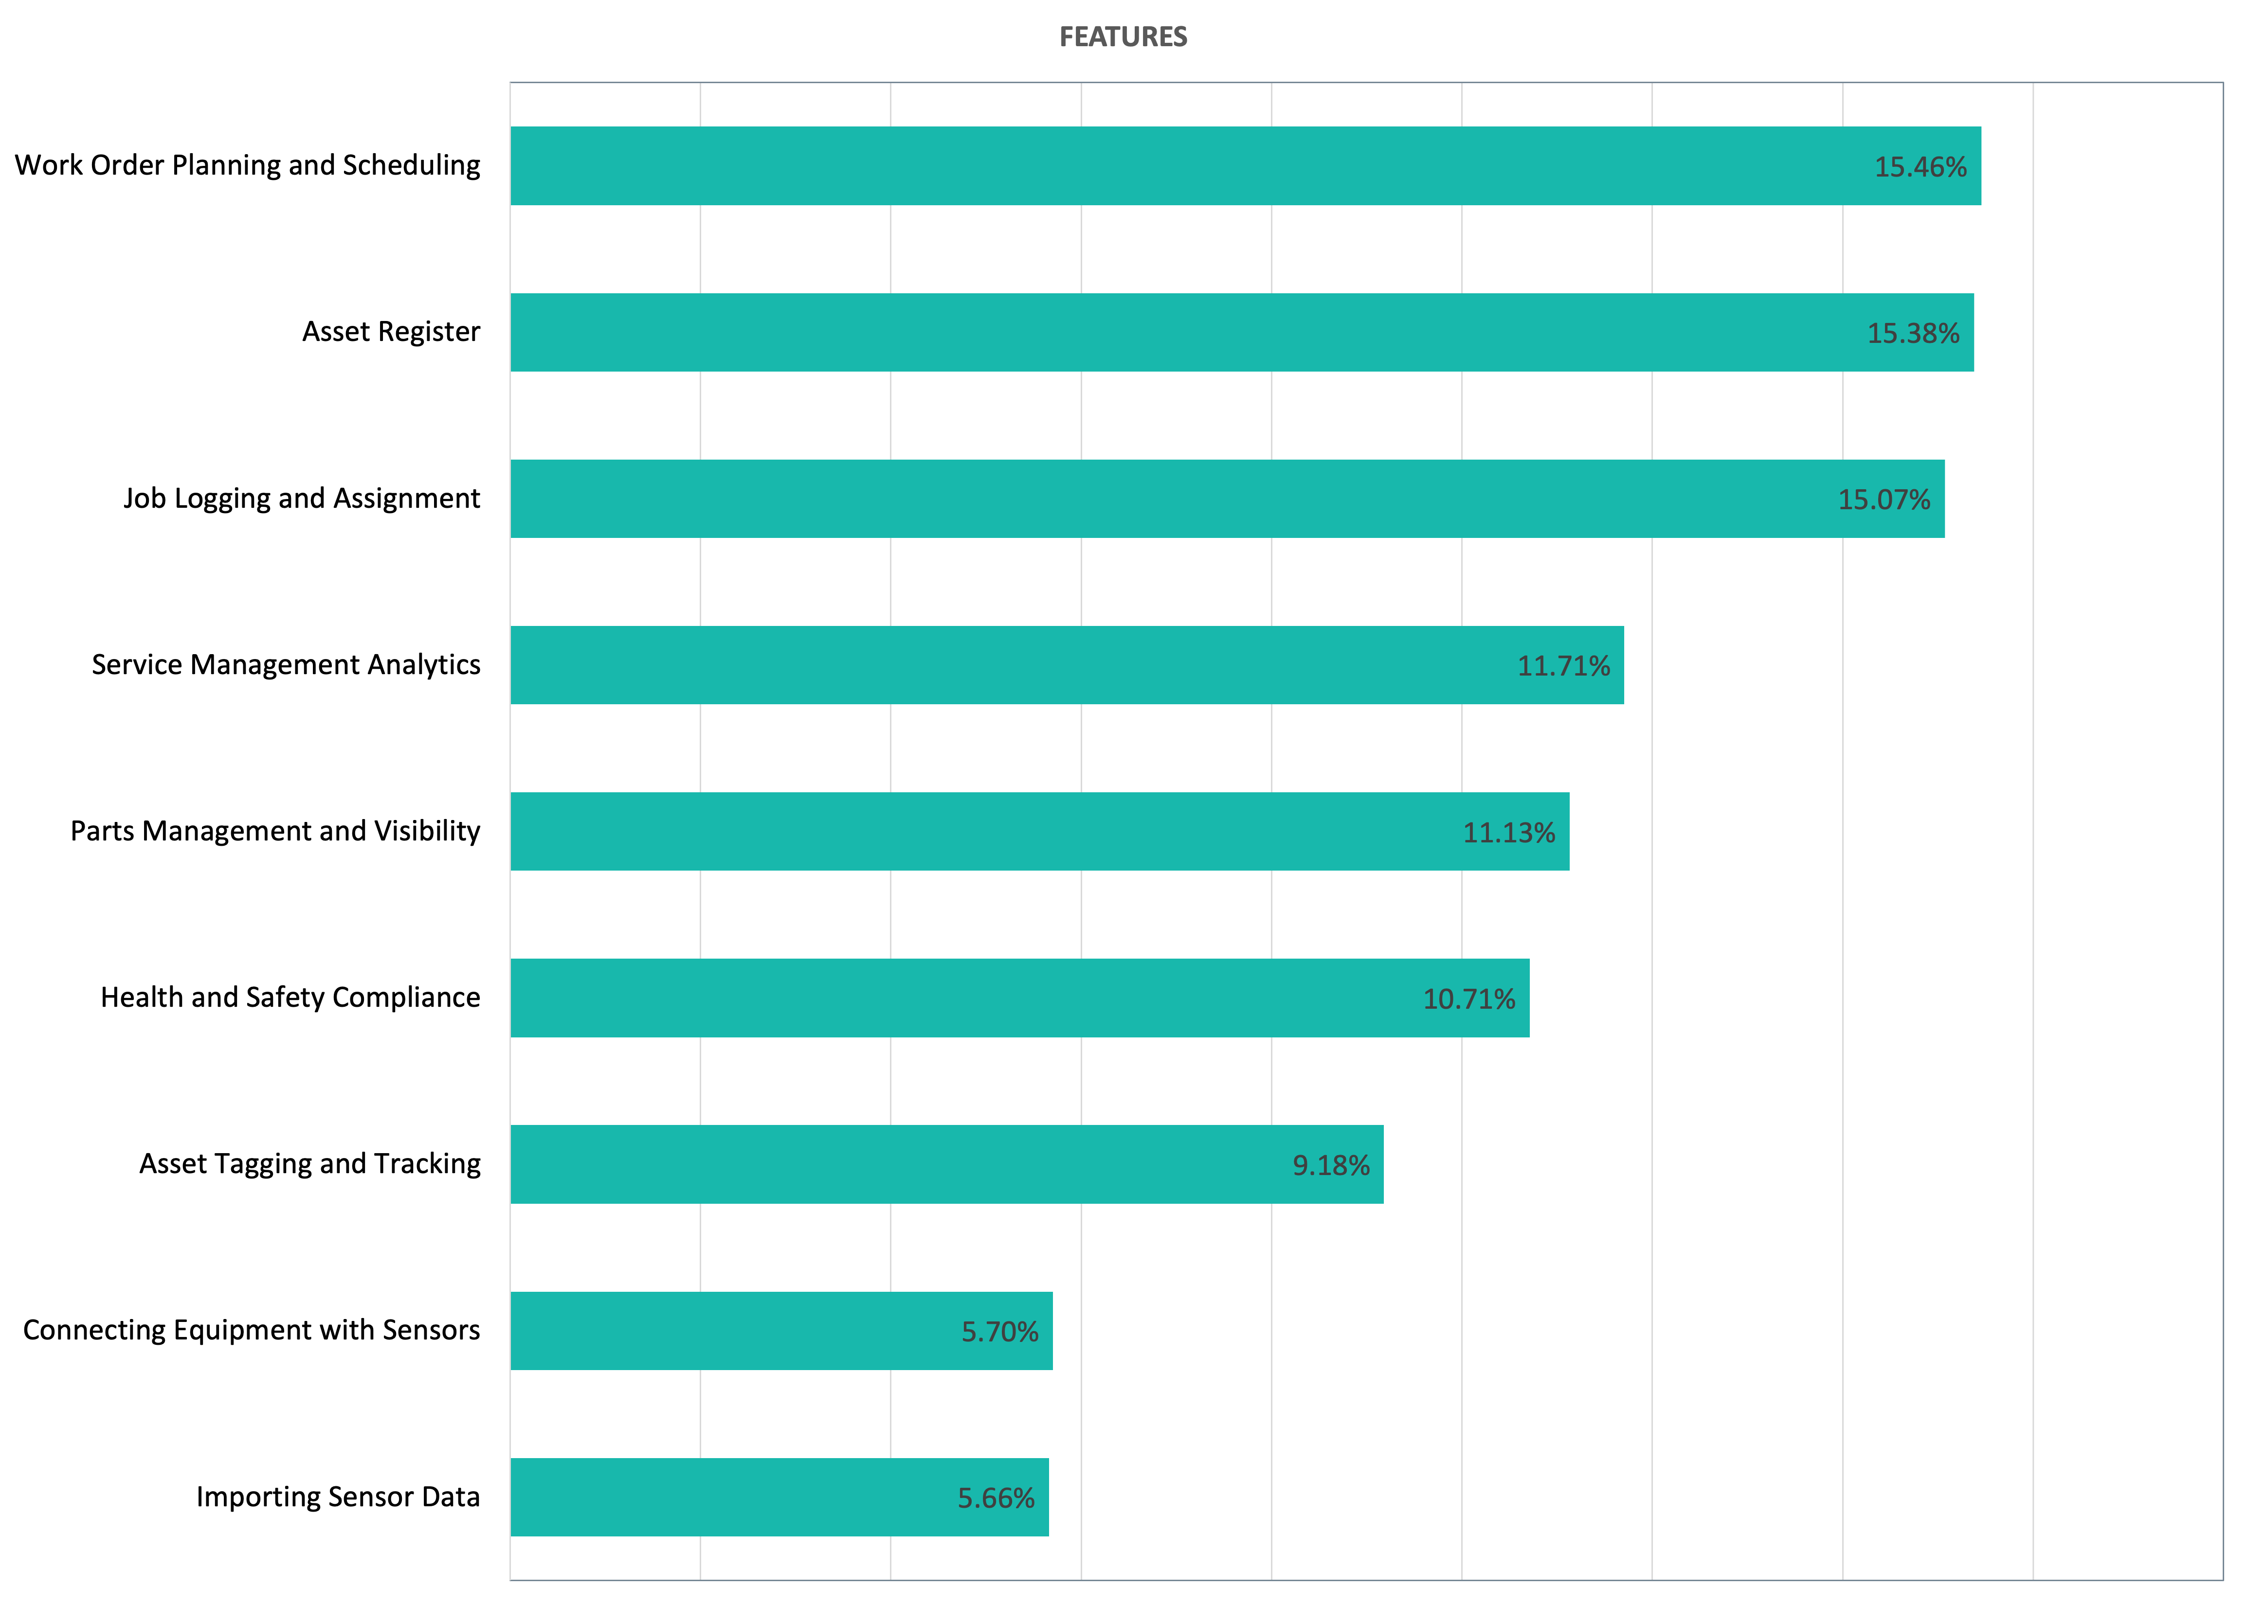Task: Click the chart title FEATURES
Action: coord(1123,36)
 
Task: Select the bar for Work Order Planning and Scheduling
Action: coord(1186,166)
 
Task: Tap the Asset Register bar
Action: coord(1186,332)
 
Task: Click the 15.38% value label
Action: coord(1913,333)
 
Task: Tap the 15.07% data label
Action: coord(1883,500)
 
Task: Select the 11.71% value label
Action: coord(1563,666)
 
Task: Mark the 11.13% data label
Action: coord(1508,833)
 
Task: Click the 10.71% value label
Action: coord(1468,999)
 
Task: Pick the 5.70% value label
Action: coord(999,1332)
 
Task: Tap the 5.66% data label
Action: coord(996,1498)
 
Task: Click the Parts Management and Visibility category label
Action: coord(275,831)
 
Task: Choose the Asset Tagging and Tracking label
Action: coord(309,1164)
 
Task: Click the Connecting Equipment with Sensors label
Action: coord(251,1330)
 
